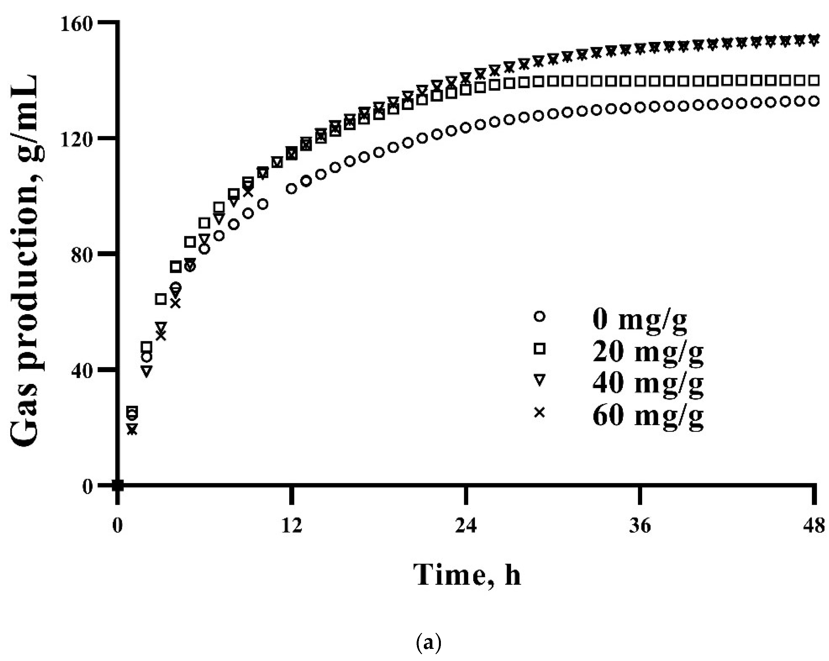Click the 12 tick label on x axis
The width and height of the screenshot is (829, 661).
point(291,525)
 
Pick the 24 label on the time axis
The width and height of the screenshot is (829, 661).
point(466,525)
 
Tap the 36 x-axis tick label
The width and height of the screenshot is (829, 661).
point(640,525)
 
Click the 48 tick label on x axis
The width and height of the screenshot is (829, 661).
point(814,525)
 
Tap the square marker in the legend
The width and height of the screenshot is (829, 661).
point(540,349)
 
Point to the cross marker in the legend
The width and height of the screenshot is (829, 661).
point(540,413)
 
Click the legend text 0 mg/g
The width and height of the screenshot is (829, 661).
point(639,320)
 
